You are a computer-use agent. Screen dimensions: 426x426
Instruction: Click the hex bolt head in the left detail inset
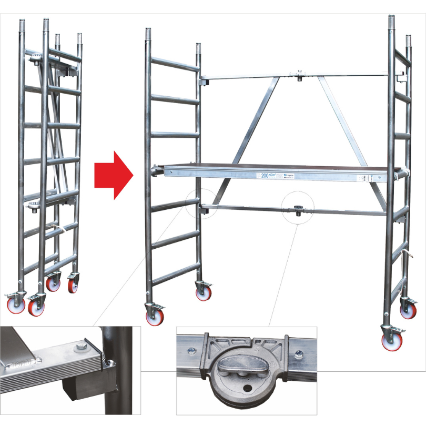(x=79, y=347)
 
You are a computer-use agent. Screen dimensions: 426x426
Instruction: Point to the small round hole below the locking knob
(x=247, y=389)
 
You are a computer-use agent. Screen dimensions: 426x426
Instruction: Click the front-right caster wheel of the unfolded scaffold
(x=392, y=339)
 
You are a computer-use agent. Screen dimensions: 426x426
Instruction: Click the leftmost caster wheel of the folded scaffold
(x=15, y=305)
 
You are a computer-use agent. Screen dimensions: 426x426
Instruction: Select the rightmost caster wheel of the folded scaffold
(x=73, y=285)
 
